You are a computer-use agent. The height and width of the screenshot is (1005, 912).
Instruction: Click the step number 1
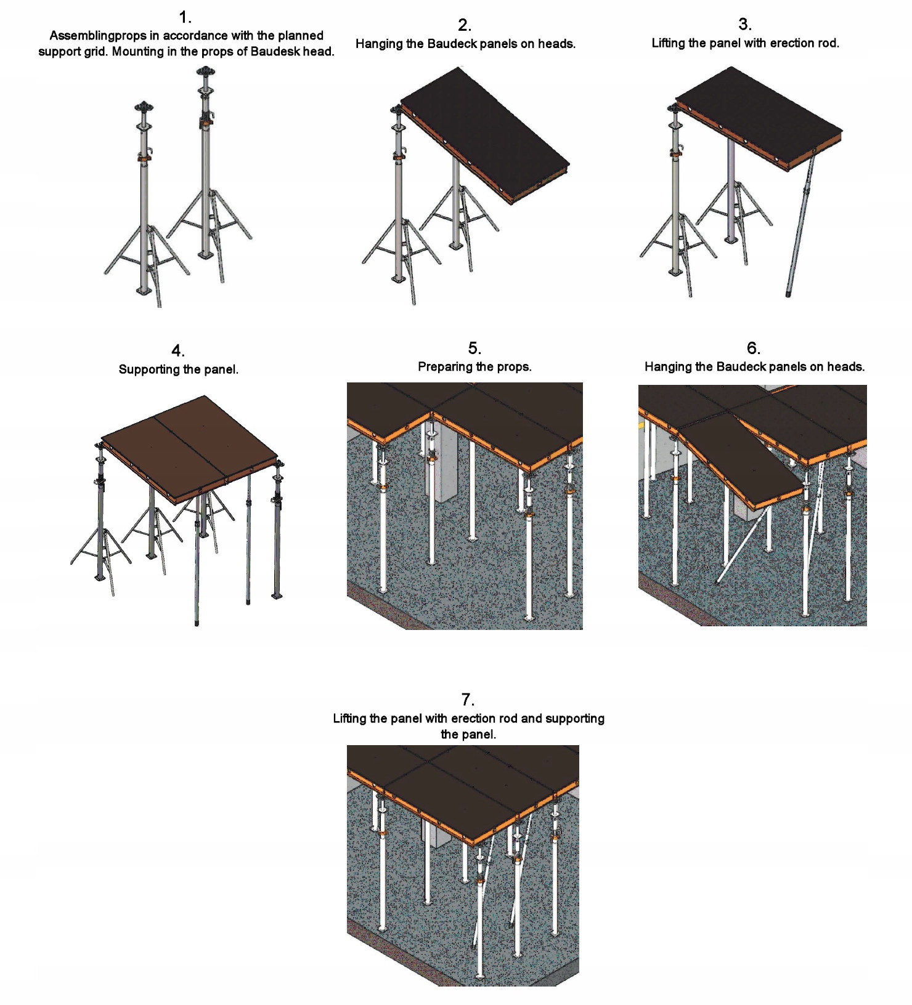184,17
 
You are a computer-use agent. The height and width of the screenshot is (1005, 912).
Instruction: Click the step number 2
465,25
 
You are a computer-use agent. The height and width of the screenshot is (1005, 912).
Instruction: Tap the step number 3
744,25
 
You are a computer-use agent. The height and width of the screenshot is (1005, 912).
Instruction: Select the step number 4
177,351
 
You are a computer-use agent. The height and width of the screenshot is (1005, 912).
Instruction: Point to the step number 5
474,349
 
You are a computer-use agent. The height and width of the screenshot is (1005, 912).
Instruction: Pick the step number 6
753,349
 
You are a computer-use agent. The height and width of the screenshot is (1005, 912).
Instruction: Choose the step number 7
468,700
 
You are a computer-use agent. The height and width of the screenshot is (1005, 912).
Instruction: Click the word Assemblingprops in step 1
98,36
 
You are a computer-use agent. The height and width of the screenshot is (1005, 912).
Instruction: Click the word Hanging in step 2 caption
378,44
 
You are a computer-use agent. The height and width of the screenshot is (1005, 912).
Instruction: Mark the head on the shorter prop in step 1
144,107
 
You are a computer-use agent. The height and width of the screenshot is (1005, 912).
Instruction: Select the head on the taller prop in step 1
205,72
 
